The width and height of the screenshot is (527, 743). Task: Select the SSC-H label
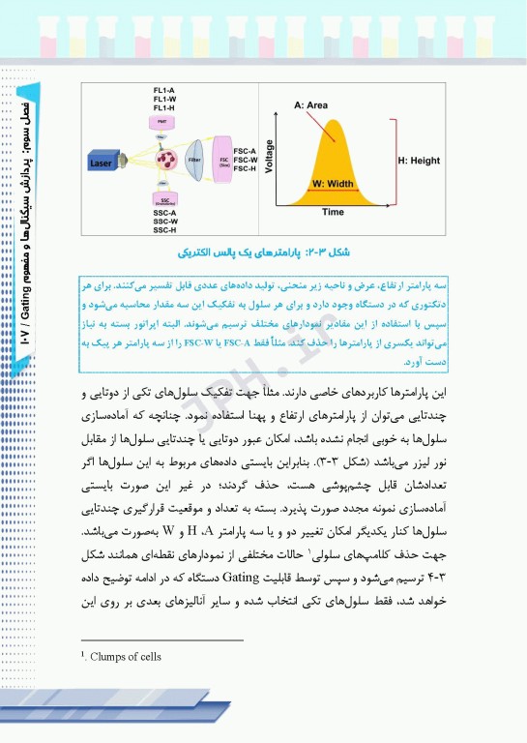[164, 230]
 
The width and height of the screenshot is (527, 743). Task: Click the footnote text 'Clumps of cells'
[126, 657]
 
